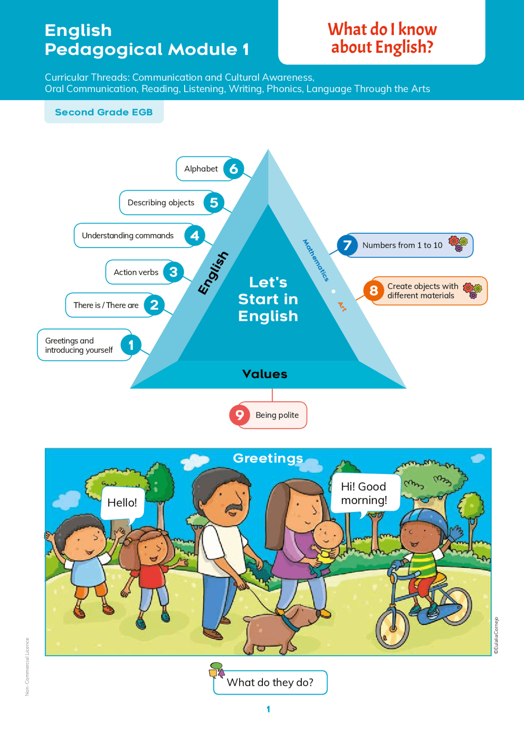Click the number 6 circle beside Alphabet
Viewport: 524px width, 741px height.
click(x=234, y=169)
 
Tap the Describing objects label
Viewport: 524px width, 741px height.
click(x=161, y=203)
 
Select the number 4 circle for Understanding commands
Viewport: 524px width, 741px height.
click(x=194, y=236)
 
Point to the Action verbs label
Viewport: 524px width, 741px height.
click(x=136, y=272)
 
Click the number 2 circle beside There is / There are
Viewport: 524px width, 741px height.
click(x=154, y=305)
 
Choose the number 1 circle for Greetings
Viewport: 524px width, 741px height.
click(x=131, y=345)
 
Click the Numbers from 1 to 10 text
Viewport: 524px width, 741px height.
click(x=402, y=245)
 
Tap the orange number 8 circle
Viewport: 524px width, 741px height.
click(x=374, y=291)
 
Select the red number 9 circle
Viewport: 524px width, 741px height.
click(x=239, y=415)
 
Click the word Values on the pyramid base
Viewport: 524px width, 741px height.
click(x=265, y=374)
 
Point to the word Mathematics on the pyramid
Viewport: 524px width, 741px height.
click(x=316, y=260)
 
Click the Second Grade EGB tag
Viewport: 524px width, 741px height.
click(x=104, y=112)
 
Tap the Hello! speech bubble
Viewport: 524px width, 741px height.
click(x=122, y=504)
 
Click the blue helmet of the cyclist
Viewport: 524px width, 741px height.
click(x=423, y=522)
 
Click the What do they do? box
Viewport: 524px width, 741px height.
click(x=270, y=682)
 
